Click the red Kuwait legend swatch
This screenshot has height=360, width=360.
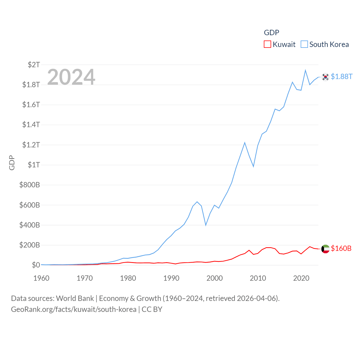coord(267,44)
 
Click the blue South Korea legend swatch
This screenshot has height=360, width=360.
coord(304,44)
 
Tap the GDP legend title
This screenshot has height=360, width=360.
coord(271,33)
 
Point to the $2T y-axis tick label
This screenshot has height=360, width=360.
coord(34,65)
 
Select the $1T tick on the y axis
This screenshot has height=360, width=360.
coord(34,165)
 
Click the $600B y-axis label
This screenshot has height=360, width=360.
coord(30,205)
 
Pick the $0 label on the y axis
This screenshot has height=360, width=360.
coord(36,265)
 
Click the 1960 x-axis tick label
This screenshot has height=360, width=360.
coord(41,278)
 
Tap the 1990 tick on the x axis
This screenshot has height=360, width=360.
coord(171,278)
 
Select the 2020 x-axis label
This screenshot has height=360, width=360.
coord(301,278)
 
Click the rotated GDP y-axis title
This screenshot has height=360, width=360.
coord(12,163)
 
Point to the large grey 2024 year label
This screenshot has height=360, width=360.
coord(71,77)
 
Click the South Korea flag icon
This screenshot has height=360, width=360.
coord(325,77)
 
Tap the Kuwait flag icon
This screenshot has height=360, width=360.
coord(325,249)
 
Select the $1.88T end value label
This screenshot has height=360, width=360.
coord(341,76)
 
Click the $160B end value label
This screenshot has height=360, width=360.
coord(341,248)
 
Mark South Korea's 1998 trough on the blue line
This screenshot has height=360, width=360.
coord(206,225)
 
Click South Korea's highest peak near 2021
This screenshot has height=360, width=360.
coord(305,70)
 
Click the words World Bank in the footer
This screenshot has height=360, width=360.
coord(75,298)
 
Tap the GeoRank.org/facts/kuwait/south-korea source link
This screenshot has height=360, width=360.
coord(74,309)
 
